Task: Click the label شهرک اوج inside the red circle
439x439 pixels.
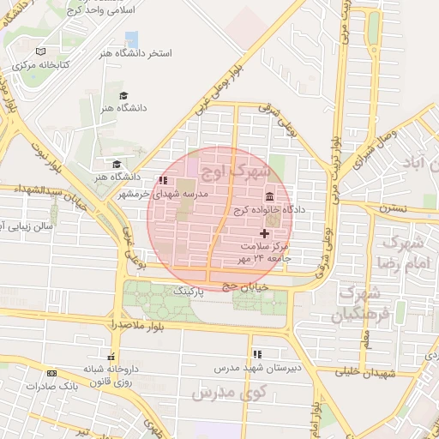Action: tap(232, 171)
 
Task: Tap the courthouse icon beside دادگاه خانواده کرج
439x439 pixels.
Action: tap(270, 195)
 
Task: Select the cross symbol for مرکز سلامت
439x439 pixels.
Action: tap(264, 233)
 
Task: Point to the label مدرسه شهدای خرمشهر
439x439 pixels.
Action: tap(204, 194)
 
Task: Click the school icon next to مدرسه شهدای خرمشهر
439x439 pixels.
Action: tap(163, 181)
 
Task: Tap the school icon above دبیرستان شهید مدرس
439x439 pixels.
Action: tap(256, 354)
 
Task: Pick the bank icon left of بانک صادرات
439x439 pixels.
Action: tap(52, 373)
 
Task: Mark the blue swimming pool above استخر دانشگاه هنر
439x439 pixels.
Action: tap(131, 39)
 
